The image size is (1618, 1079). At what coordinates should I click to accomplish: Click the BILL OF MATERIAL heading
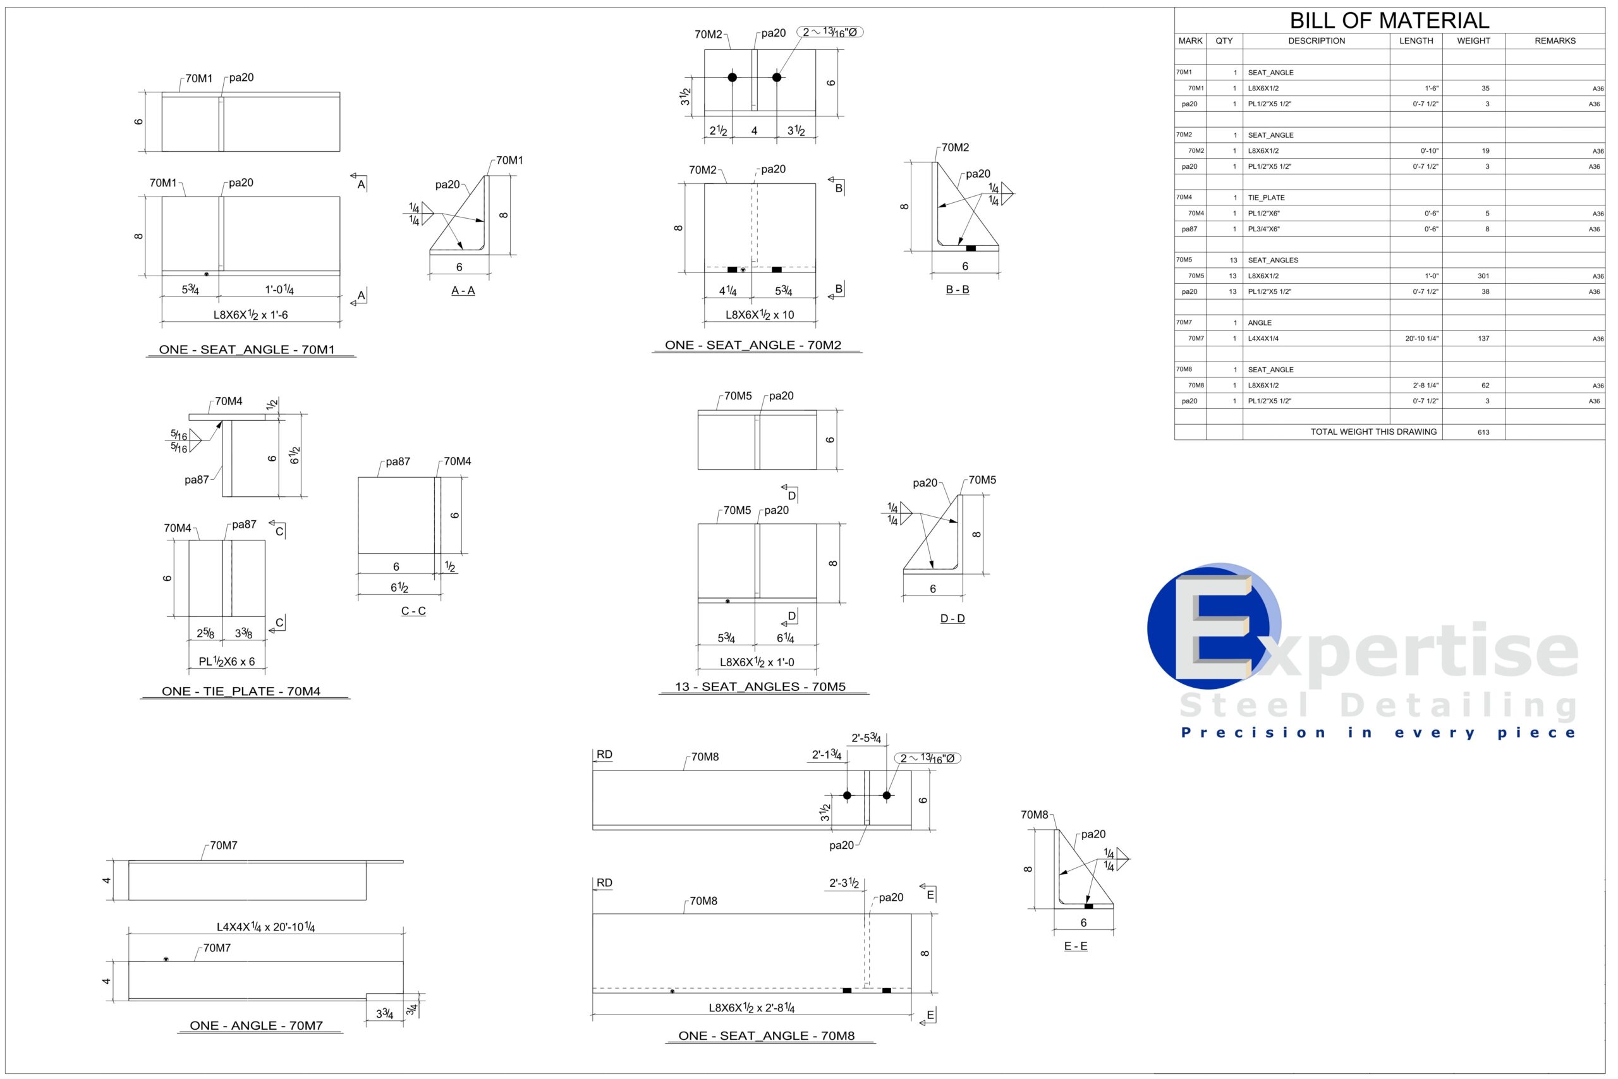pyautogui.click(x=1389, y=20)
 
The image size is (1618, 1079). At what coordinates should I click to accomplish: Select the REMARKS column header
pyautogui.click(x=1555, y=40)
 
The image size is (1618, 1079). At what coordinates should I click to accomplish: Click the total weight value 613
pyautogui.click(x=1483, y=432)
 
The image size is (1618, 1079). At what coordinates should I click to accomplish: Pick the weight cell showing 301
pyautogui.click(x=1483, y=276)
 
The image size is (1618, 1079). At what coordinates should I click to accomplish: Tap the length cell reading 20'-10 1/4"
pyautogui.click(x=1421, y=339)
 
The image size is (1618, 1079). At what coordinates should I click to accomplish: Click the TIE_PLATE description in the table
pyautogui.click(x=1266, y=197)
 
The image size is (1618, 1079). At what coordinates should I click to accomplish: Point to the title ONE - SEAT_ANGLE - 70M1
pyautogui.click(x=247, y=350)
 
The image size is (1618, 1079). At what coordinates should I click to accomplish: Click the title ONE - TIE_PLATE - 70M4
pyautogui.click(x=241, y=692)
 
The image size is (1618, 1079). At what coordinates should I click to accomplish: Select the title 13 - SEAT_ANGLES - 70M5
pyautogui.click(x=760, y=686)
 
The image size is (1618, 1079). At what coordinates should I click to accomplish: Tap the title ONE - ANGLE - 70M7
pyautogui.click(x=256, y=1025)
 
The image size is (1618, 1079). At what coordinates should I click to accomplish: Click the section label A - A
pyautogui.click(x=463, y=290)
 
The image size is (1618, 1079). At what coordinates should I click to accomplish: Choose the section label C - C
pyautogui.click(x=413, y=611)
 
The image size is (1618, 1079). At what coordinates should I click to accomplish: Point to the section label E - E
pyautogui.click(x=1075, y=946)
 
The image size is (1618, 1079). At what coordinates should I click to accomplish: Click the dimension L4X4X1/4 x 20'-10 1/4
pyautogui.click(x=265, y=927)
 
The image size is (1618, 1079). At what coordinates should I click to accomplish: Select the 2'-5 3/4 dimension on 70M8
pyautogui.click(x=866, y=738)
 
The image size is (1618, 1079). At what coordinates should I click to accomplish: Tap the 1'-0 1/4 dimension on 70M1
pyautogui.click(x=279, y=290)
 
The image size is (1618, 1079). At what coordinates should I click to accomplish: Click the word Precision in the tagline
pyautogui.click(x=1253, y=733)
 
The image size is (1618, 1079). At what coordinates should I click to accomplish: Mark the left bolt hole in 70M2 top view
pyautogui.click(x=732, y=77)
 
